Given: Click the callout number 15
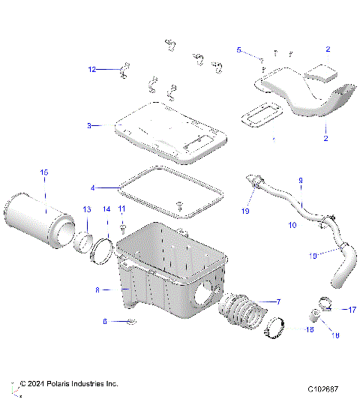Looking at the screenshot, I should coord(43,173).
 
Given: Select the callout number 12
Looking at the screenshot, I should coord(92,69).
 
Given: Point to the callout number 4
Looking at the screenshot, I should coord(93,187).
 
